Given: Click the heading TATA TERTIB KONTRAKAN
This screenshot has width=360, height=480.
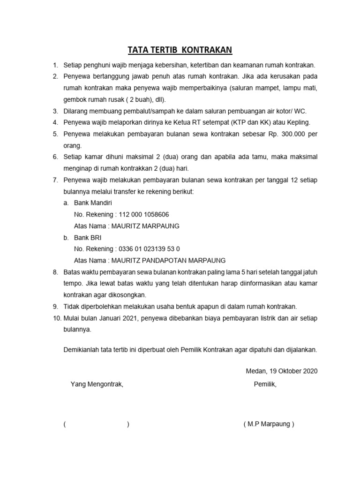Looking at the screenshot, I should (x=180, y=50).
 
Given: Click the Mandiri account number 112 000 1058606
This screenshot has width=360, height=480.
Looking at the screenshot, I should (x=144, y=214).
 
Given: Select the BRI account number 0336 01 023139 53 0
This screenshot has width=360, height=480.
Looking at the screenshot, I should (x=149, y=248).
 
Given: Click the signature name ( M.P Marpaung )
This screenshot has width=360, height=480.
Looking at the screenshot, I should (x=269, y=424).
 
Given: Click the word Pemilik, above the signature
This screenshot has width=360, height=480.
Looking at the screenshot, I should (x=265, y=384).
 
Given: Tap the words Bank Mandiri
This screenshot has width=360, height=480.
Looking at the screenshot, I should (x=93, y=202).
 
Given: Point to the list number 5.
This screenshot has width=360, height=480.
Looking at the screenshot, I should (x=55, y=134).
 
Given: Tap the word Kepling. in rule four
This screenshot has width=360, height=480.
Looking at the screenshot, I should (x=297, y=122).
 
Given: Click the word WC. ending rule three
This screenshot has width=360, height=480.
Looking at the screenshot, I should (x=299, y=111).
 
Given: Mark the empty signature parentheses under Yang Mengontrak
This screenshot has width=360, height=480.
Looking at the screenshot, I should (x=96, y=424).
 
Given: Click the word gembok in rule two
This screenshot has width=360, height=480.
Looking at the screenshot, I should (x=74, y=99).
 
